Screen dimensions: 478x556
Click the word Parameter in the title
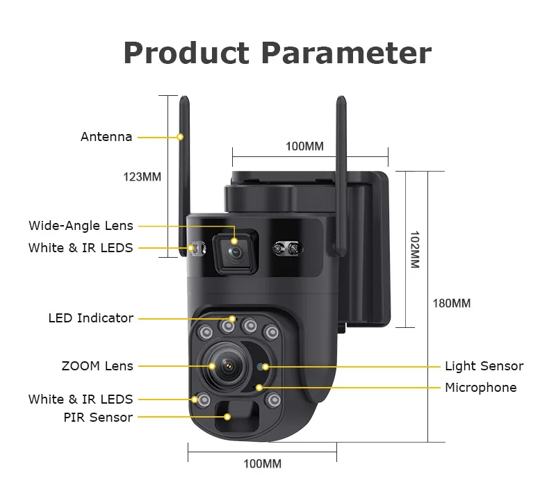pyautogui.click(x=347, y=53)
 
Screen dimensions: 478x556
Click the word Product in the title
pyautogui.click(x=186, y=53)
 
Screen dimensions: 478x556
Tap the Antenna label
pyautogui.click(x=106, y=137)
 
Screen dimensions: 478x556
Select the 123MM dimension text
pyautogui.click(x=142, y=176)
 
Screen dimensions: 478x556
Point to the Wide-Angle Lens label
pyautogui.click(x=81, y=226)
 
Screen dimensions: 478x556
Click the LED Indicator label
pyautogui.click(x=90, y=318)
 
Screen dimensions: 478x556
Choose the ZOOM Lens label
pyautogui.click(x=97, y=365)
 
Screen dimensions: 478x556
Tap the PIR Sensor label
pyautogui.click(x=98, y=418)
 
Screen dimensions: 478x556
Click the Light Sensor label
pyautogui.click(x=484, y=366)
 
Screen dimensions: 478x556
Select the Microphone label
pyautogui.click(x=480, y=388)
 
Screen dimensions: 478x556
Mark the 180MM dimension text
pyautogui.click(x=451, y=304)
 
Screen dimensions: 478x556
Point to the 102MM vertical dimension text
pyautogui.click(x=414, y=249)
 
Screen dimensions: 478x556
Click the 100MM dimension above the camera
pyautogui.click(x=304, y=147)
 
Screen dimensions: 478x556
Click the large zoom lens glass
pyautogui.click(x=229, y=366)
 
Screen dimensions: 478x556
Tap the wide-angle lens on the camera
pyautogui.click(x=235, y=252)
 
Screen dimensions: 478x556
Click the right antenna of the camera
pyautogui.click(x=342, y=160)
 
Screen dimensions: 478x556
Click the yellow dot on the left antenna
pyautogui.click(x=181, y=137)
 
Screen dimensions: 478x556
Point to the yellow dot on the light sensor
pyautogui.click(x=265, y=366)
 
